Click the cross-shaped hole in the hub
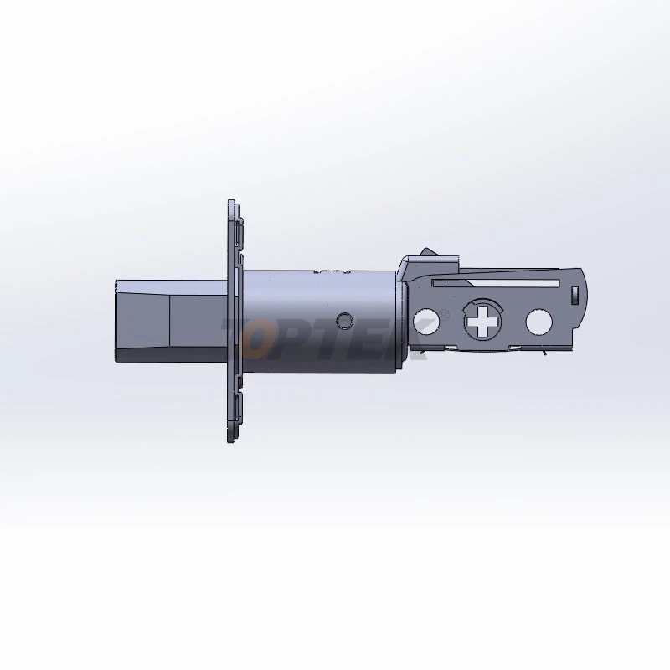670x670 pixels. coord(483,321)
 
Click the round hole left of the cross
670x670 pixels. coord(425,322)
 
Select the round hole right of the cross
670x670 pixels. coord(539,322)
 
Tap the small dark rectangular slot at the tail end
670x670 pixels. coord(575,295)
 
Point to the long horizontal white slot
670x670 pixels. coord(495,283)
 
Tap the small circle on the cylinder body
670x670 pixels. coord(344,320)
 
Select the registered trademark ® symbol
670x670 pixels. coord(445,315)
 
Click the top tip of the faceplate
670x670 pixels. coord(231,200)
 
